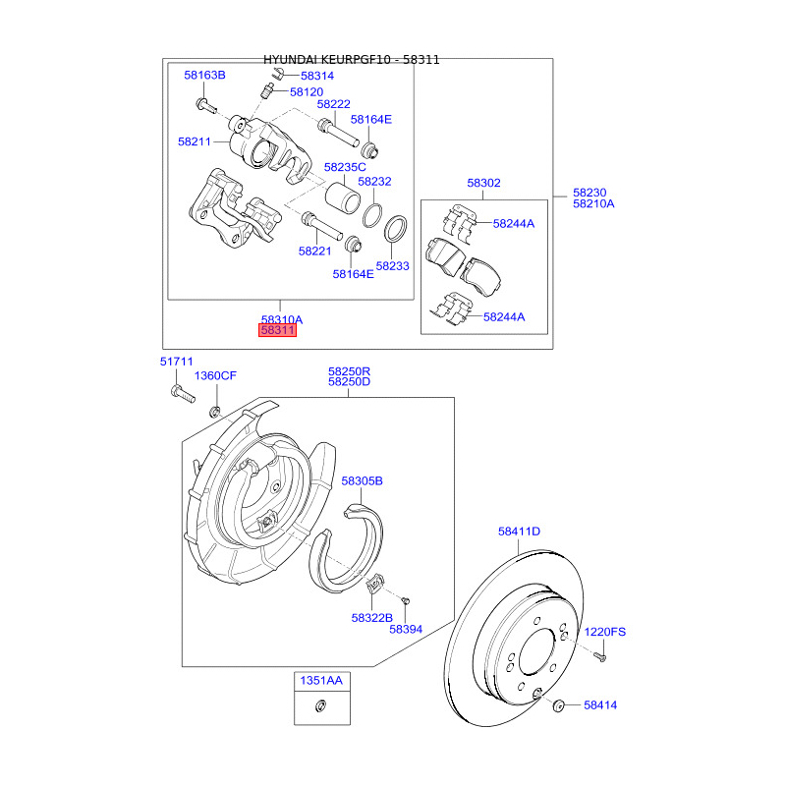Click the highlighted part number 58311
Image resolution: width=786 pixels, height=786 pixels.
[x=277, y=330]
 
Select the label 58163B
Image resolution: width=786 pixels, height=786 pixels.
[x=204, y=76]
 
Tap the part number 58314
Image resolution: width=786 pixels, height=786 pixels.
[x=317, y=76]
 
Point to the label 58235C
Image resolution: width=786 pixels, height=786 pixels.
[x=345, y=167]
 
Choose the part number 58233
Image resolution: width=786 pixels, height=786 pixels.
[x=392, y=266]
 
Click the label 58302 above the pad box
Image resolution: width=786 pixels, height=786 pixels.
[x=483, y=183]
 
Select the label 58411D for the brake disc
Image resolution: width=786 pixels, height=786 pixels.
[x=519, y=532]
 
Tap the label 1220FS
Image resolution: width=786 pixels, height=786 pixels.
[x=605, y=632]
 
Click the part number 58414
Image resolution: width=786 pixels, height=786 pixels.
[x=600, y=705]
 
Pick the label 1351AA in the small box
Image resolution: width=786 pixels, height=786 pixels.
[x=321, y=681]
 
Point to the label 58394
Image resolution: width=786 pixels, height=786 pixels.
[x=406, y=629]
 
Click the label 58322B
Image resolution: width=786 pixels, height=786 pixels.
[x=372, y=618]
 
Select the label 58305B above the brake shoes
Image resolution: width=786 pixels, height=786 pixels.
[x=362, y=481]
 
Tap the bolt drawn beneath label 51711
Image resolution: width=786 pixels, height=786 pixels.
[x=183, y=394]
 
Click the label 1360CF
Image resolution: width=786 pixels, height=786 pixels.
[x=215, y=376]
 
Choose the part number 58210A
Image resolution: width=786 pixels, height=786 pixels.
[x=593, y=204]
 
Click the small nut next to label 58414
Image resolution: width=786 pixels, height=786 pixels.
[x=558, y=706]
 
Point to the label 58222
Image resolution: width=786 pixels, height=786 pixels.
[x=333, y=104]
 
